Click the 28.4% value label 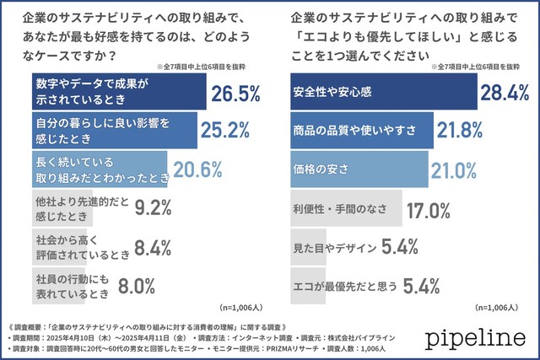point(507,91)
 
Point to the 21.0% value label point(459,169)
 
